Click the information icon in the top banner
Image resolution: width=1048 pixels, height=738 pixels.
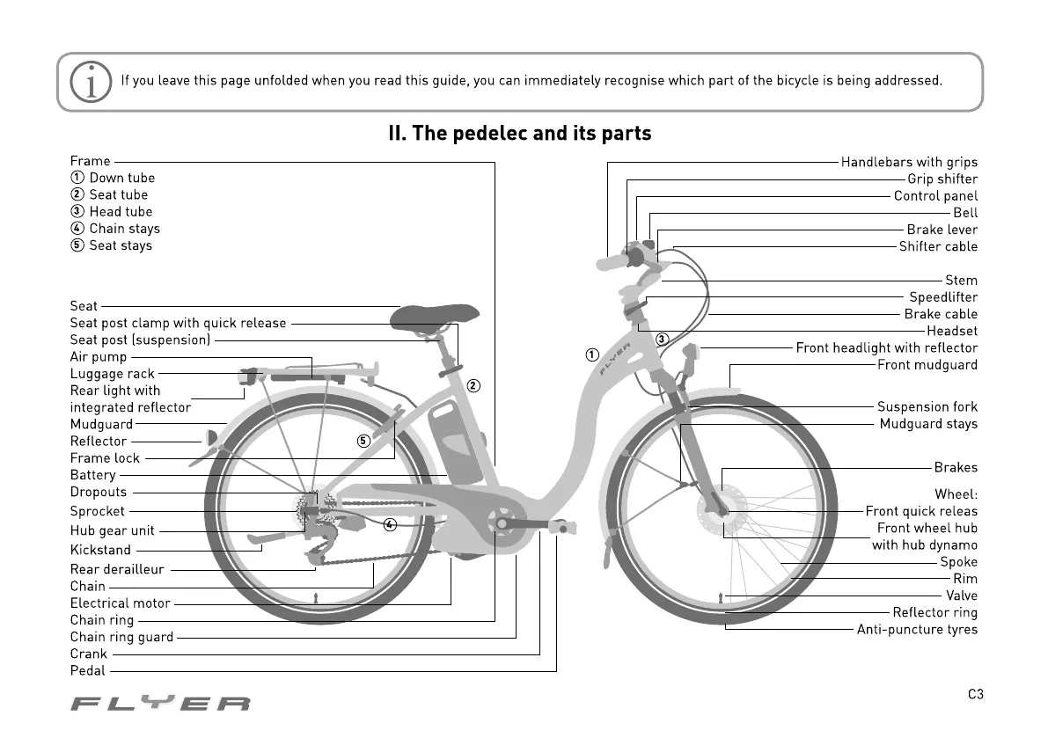pos(92,82)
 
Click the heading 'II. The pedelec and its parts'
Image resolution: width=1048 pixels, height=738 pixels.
pos(520,134)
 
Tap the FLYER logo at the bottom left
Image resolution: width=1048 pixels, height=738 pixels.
pos(160,704)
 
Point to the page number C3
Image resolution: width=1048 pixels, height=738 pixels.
pos(975,695)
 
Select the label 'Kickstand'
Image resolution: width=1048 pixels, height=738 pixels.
pos(100,550)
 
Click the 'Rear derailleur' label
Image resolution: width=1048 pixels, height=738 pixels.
pos(117,569)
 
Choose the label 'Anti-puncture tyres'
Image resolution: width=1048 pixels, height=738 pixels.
pos(917,630)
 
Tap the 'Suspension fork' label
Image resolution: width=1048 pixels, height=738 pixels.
pos(927,406)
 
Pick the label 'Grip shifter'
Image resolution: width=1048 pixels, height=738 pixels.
pos(942,179)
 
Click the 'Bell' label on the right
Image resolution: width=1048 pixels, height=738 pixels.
pos(965,213)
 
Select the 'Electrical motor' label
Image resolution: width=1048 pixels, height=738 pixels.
pos(121,603)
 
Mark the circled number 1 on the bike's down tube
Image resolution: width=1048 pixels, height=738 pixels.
pos(592,354)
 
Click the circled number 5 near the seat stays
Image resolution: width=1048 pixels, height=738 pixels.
pos(363,441)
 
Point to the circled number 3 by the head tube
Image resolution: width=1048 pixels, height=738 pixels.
pos(662,339)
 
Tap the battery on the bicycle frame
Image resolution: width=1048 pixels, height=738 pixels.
pos(454,439)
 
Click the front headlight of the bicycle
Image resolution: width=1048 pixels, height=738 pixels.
pos(689,352)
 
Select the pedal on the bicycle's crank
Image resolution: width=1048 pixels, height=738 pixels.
pos(560,527)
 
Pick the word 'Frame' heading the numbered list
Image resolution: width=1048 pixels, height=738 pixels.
pos(91,161)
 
